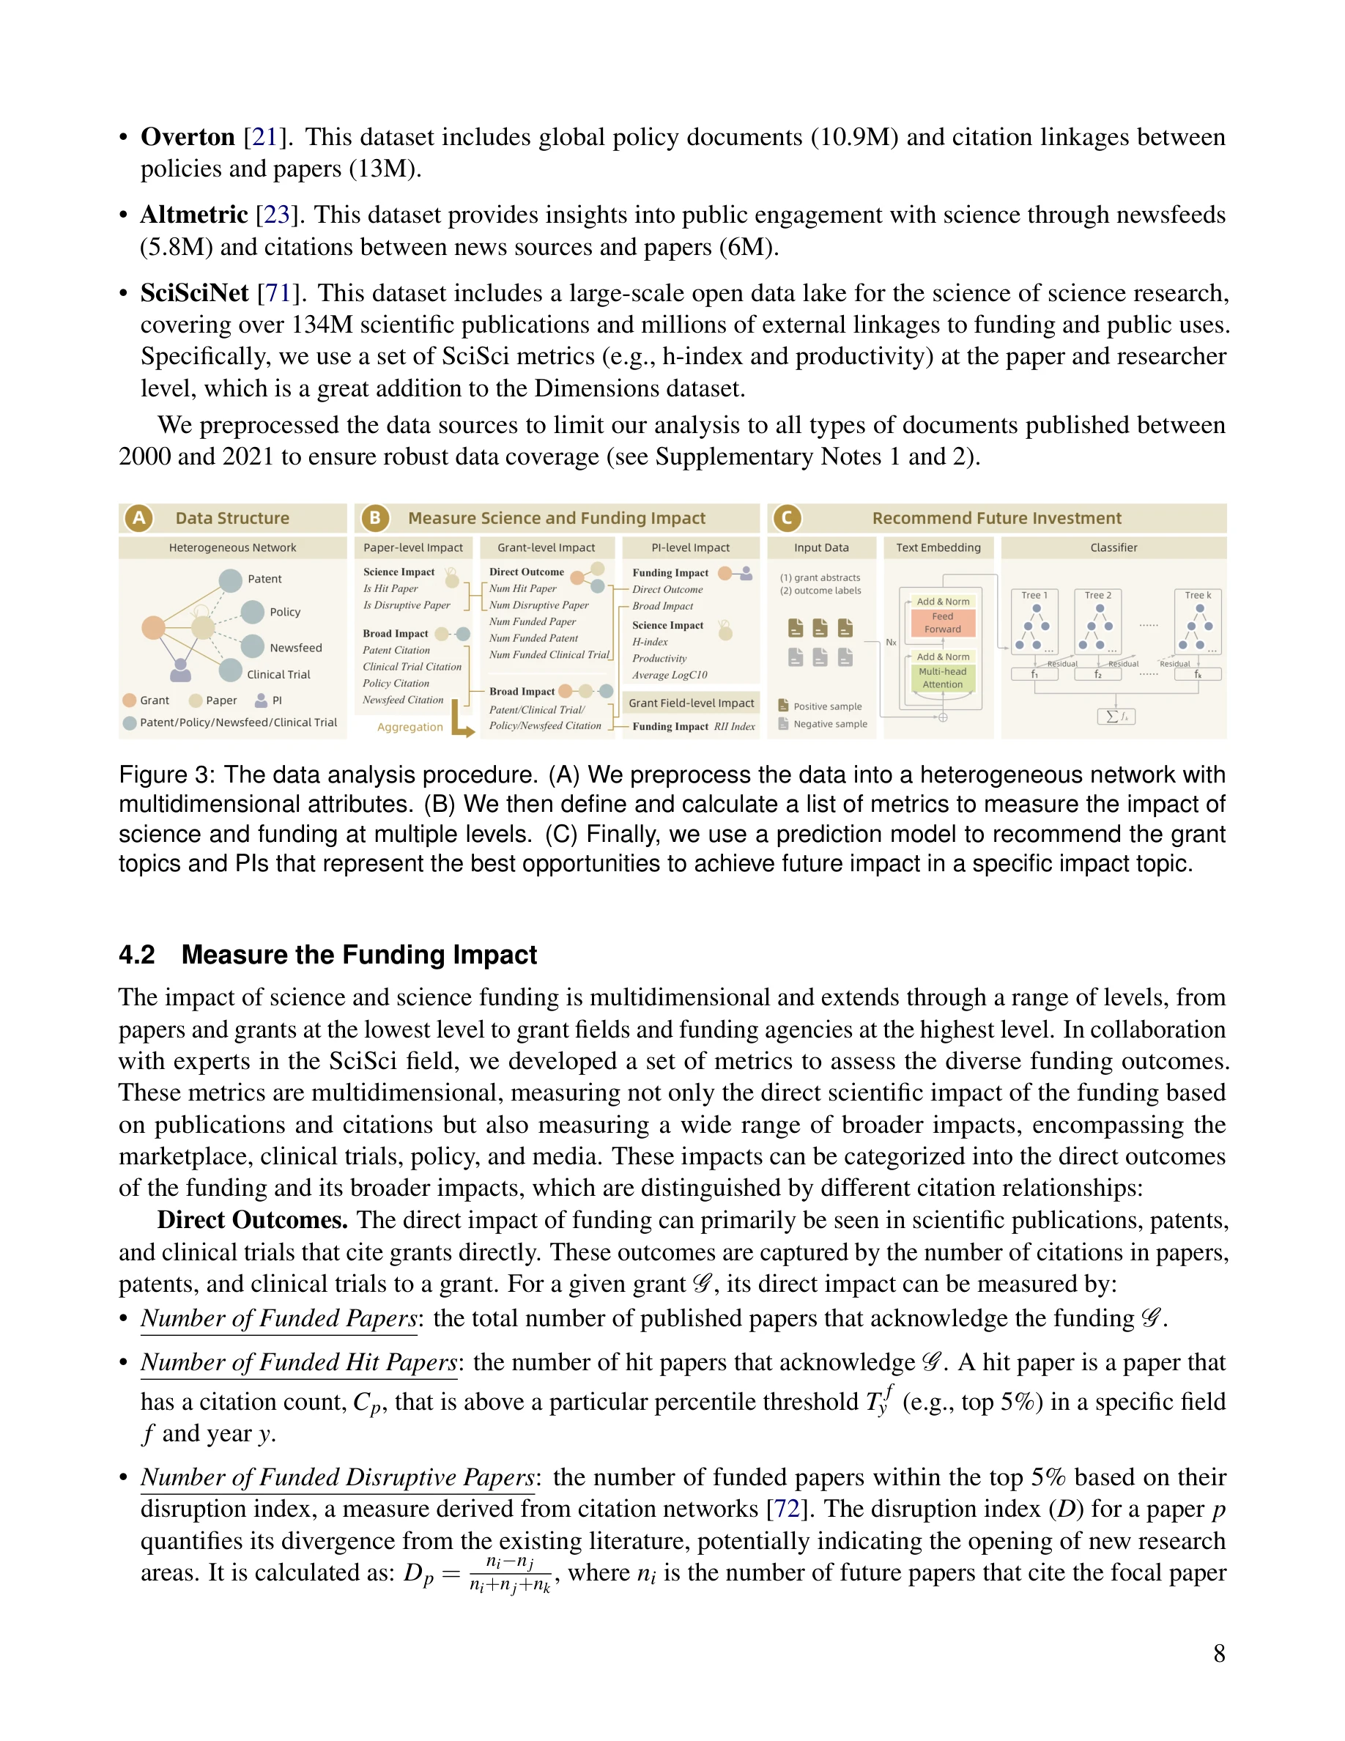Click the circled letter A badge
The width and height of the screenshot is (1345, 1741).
[138, 518]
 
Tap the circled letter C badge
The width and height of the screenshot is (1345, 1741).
[787, 518]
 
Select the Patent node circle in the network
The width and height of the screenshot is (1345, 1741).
[230, 580]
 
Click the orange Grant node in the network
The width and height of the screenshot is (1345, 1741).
[153, 627]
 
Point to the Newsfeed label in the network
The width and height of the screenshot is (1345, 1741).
[296, 648]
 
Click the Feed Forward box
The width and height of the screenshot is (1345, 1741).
[943, 623]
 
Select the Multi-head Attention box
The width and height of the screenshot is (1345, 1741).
[943, 678]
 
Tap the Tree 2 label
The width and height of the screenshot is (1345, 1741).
[1097, 596]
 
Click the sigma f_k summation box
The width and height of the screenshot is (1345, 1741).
[1116, 717]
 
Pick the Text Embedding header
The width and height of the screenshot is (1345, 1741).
[938, 547]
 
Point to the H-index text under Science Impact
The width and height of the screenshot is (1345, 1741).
[649, 642]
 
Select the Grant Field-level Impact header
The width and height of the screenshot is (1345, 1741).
[691, 703]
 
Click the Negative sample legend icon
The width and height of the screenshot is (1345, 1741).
[783, 724]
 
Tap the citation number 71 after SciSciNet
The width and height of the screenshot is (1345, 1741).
[278, 293]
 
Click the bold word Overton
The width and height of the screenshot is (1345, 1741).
[188, 137]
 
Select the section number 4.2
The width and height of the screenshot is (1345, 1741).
[136, 955]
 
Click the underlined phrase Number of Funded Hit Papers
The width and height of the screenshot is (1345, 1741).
[299, 1362]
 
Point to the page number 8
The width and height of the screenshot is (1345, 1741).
[1219, 1653]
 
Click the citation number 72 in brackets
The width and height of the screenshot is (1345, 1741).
[787, 1509]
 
